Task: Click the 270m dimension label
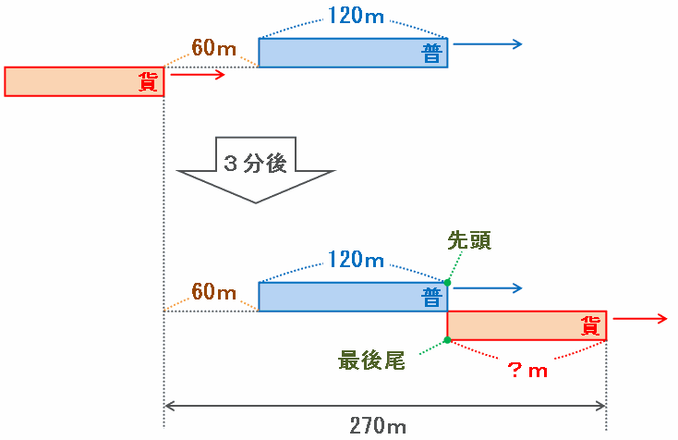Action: coord(378,425)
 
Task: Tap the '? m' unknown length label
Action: coord(527,370)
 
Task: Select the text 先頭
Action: coord(469,241)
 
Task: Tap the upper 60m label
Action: coord(214,47)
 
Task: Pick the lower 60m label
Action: coord(214,292)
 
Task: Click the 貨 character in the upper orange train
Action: coord(148,82)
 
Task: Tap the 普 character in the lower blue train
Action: coord(430,298)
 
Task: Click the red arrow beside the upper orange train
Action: coord(198,75)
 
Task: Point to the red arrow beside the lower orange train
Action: coord(639,319)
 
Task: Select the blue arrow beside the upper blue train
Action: coord(488,44)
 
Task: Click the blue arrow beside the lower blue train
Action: coord(488,288)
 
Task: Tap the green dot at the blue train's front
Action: coord(447,282)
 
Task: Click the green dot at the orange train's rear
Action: coord(447,340)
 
